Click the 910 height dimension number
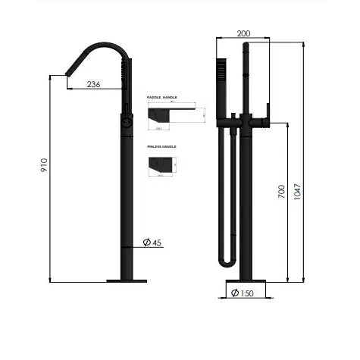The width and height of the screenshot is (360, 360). coord(44,166)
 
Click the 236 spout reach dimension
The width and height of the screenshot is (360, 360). coord(92,85)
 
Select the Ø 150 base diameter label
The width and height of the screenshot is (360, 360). coord(242,293)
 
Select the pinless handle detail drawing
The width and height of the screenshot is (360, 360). coord(163,164)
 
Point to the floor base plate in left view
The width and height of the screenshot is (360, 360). coord(126,280)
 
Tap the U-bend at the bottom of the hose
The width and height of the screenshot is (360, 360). coord(226,262)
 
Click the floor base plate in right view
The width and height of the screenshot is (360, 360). coord(245,280)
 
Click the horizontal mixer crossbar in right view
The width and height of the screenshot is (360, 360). coord(241,121)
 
